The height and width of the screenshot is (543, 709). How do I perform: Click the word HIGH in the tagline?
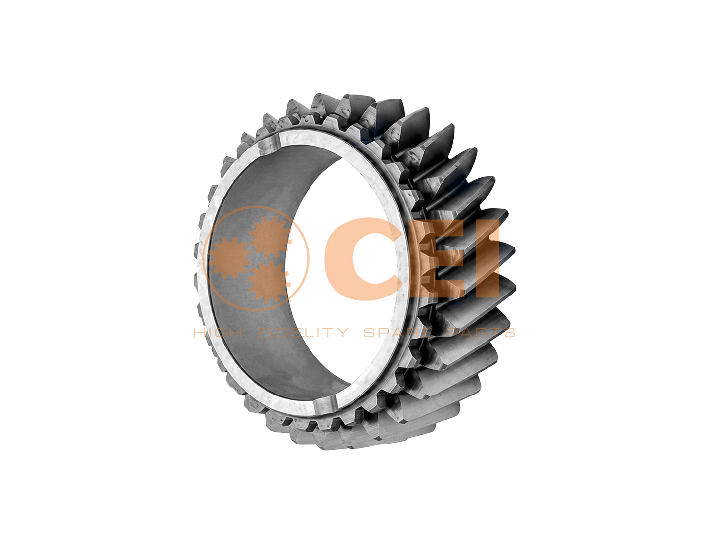click(218, 333)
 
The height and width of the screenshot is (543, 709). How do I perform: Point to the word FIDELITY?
click(303, 333)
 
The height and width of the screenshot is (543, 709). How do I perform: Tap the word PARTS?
click(482, 333)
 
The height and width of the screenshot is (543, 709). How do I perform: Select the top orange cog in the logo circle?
click(269, 237)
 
